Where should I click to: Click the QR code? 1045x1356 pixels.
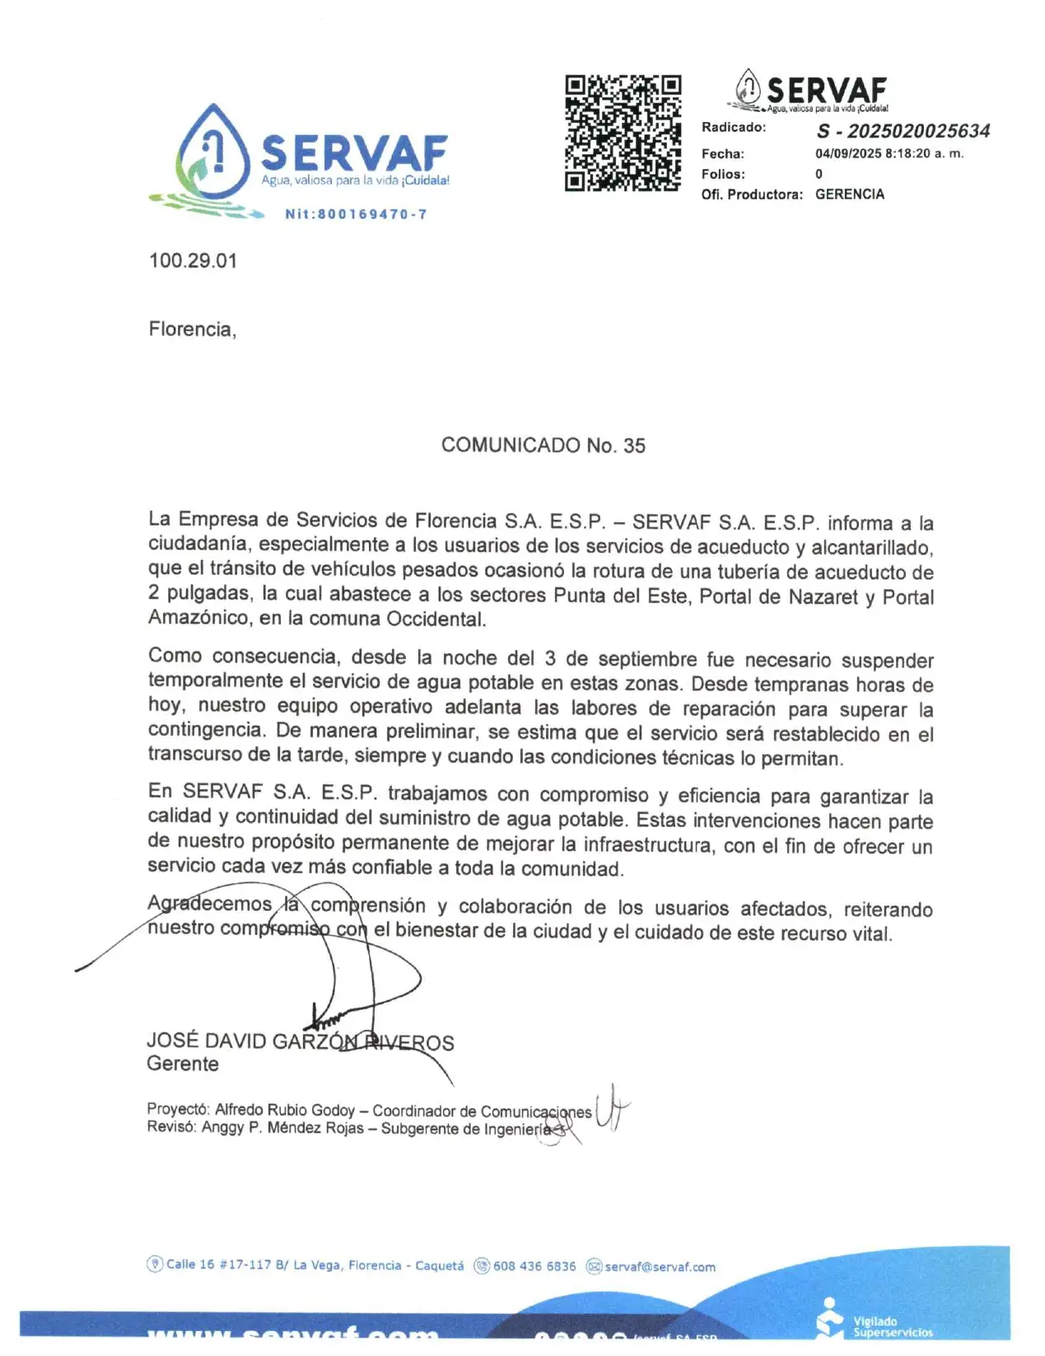(x=623, y=133)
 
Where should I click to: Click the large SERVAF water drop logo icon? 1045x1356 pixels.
(x=212, y=154)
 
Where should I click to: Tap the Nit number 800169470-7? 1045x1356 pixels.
(x=356, y=214)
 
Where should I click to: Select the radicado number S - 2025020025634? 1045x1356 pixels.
(x=903, y=131)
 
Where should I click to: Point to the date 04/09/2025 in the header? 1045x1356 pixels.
(x=848, y=153)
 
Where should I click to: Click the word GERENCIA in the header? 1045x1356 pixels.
(x=850, y=194)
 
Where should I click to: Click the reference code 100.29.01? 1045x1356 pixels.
(x=193, y=261)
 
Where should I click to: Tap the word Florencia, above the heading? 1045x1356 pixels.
(x=192, y=330)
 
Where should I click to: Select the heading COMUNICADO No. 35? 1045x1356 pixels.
(x=543, y=446)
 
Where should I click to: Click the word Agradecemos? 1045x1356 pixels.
(x=209, y=905)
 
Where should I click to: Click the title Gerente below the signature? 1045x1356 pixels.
(x=183, y=1064)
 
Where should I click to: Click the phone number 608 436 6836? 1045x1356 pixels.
(x=534, y=1266)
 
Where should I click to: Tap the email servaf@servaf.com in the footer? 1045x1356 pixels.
(x=660, y=1267)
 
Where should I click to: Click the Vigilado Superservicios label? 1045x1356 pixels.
(x=892, y=1326)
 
